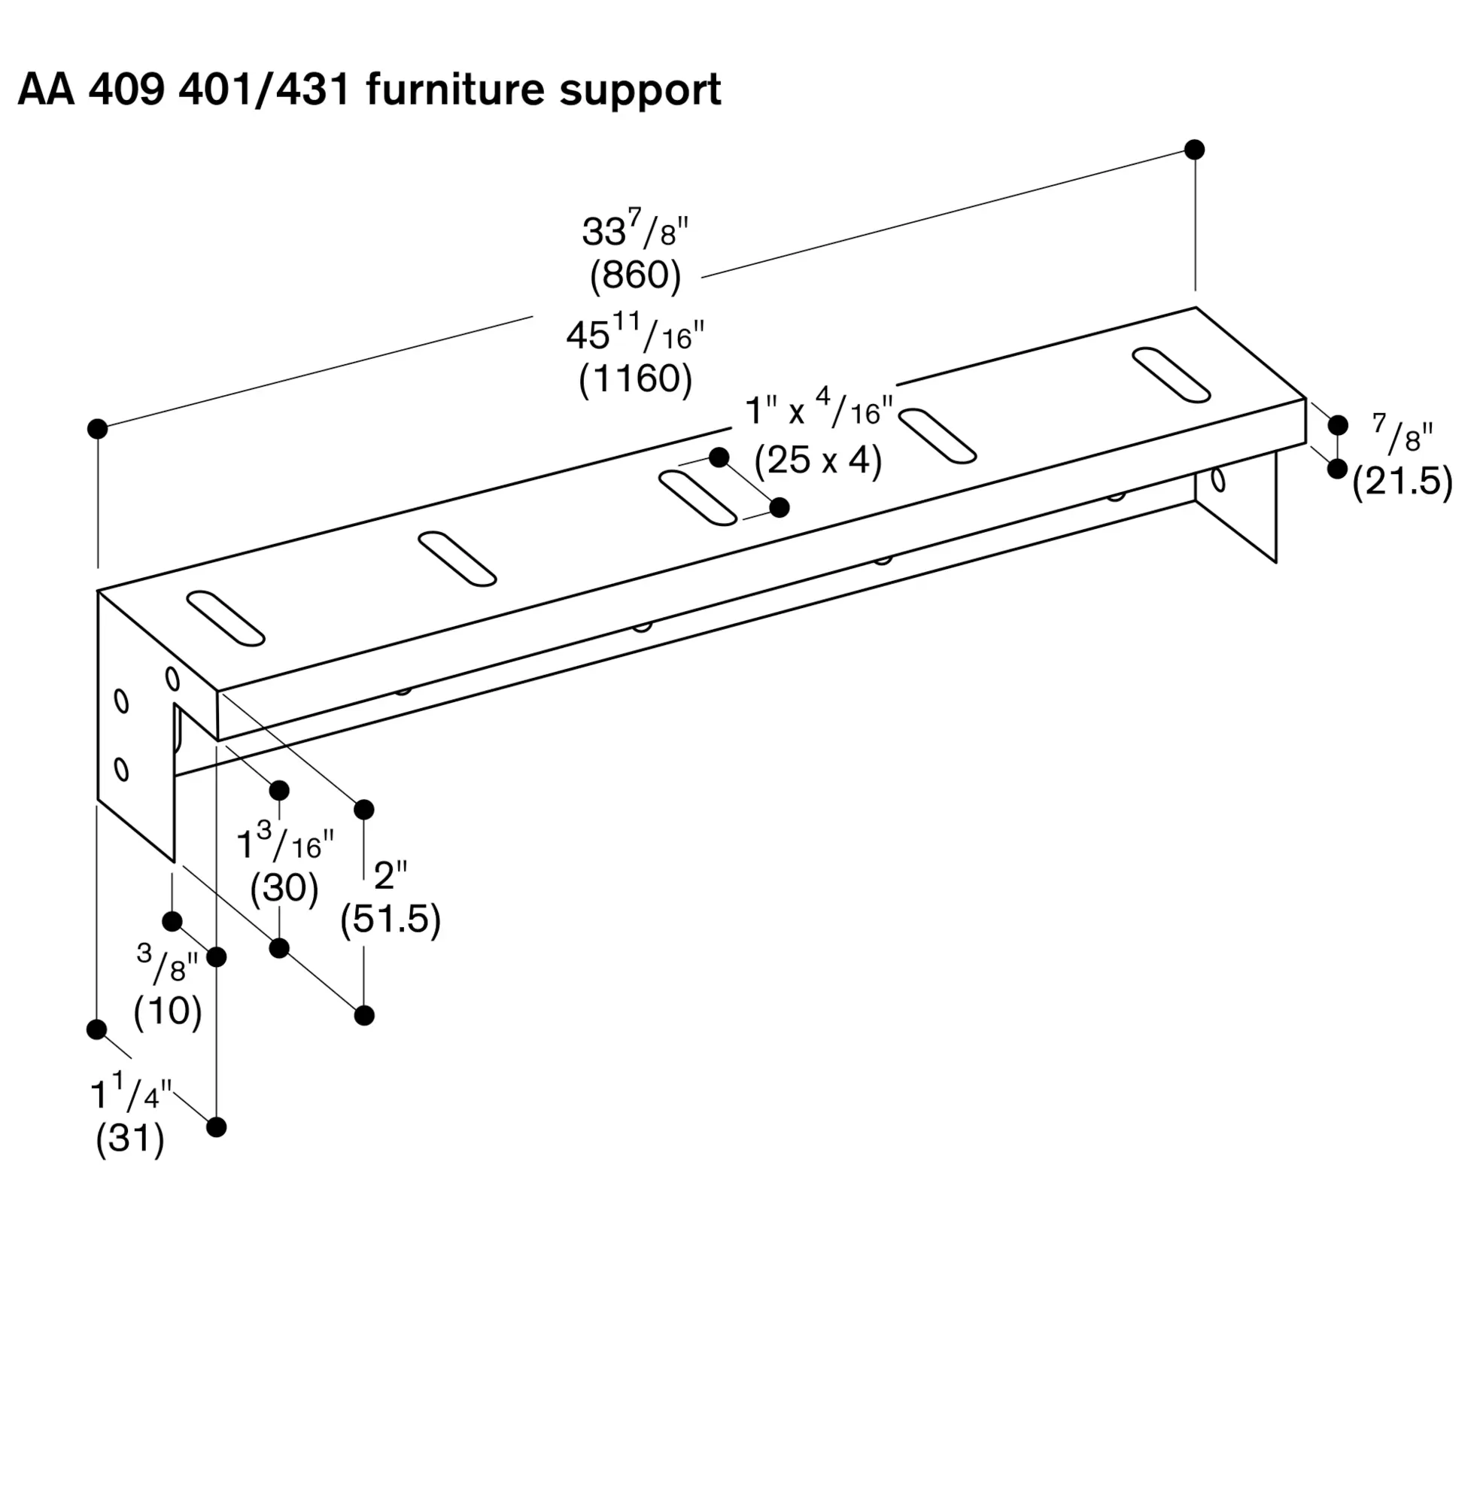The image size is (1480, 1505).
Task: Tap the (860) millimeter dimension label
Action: point(635,275)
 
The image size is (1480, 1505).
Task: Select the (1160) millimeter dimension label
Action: point(635,379)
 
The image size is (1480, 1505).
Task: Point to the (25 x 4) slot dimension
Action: point(819,461)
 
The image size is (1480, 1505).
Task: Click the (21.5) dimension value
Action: point(1403,482)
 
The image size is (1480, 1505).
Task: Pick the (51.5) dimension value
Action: point(391,920)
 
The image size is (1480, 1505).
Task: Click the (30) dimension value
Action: point(284,887)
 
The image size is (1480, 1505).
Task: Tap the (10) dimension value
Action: point(168,1011)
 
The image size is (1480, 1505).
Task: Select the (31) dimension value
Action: point(130,1139)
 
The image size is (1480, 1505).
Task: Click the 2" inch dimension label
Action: point(391,877)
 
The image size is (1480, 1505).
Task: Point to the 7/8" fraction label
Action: point(1402,433)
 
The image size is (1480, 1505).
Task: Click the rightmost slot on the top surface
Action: point(1172,375)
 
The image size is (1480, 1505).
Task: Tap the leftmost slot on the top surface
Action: point(226,619)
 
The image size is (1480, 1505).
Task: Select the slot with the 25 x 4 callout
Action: point(697,498)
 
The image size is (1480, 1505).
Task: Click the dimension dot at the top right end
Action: point(1195,149)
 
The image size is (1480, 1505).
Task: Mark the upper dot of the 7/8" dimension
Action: point(1338,425)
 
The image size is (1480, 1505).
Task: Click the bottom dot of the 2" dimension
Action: point(363,1015)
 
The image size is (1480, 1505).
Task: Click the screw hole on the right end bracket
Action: point(1218,480)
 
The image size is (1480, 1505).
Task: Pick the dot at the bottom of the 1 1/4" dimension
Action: point(217,1126)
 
